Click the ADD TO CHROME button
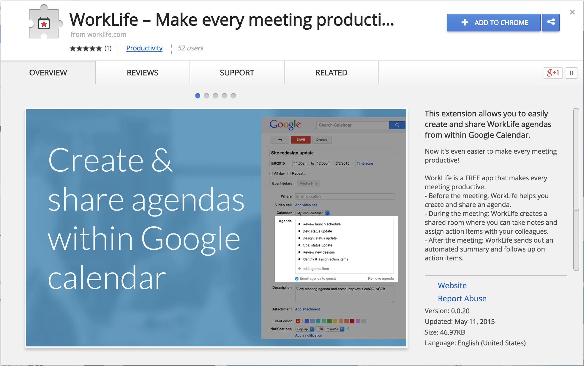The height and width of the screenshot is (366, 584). (493, 23)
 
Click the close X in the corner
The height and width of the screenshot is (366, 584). (572, 12)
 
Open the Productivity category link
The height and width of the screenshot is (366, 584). (144, 48)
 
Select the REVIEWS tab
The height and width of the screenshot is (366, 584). (142, 73)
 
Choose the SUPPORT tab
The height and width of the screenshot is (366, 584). (237, 73)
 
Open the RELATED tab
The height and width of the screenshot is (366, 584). (331, 73)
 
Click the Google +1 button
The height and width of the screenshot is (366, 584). (553, 73)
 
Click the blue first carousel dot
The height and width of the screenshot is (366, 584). (198, 96)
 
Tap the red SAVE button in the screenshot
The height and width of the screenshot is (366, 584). (301, 140)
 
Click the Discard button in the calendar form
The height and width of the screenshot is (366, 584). (322, 140)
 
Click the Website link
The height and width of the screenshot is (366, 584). (452, 285)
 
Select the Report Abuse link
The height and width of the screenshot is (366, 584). (462, 298)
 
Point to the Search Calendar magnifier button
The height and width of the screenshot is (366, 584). (397, 125)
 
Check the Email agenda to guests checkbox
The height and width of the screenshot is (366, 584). (297, 279)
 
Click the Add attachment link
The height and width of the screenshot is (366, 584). (307, 309)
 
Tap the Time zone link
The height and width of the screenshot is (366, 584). (365, 163)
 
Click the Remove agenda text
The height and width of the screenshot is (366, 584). (381, 279)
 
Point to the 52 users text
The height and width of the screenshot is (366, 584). (190, 48)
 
